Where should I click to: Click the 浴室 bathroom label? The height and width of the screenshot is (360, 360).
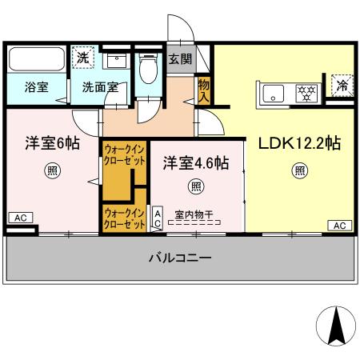[35, 87]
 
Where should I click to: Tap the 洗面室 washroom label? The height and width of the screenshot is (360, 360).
[100, 87]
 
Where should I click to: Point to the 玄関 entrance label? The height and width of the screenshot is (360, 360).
[180, 58]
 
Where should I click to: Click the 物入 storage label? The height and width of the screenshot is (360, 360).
[204, 90]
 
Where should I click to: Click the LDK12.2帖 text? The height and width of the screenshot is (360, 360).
[299, 144]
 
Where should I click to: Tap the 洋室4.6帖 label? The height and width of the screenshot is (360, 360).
[196, 163]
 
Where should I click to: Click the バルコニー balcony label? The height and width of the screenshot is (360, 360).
[180, 258]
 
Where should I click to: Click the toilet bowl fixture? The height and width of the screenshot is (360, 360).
[147, 70]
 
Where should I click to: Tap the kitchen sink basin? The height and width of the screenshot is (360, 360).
[273, 93]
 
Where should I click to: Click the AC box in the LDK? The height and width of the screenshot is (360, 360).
[338, 226]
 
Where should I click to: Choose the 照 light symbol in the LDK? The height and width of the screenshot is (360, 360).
[299, 170]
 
